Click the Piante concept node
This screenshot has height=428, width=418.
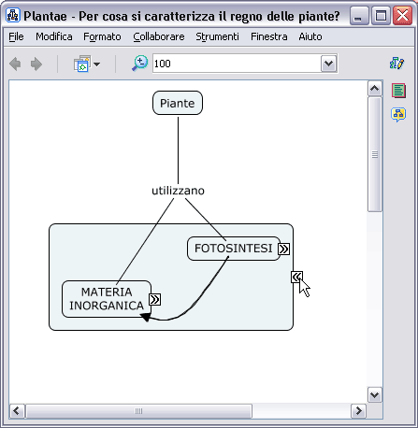click(x=178, y=103)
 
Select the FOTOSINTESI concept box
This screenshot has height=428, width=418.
click(x=234, y=249)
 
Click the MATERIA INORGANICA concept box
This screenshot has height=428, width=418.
click(x=107, y=299)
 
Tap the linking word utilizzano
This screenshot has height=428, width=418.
click(x=178, y=191)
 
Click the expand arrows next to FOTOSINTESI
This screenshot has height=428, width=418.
click(x=283, y=249)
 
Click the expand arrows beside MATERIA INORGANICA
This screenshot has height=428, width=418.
click(x=155, y=299)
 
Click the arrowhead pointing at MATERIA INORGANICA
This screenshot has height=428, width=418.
click(x=146, y=317)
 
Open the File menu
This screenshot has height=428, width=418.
click(x=16, y=36)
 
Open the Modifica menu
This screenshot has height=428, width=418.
click(x=54, y=36)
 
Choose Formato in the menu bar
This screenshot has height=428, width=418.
click(x=102, y=36)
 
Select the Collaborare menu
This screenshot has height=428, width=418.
click(x=159, y=36)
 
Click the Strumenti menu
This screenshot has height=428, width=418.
click(x=217, y=36)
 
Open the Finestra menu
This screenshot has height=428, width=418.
click(x=269, y=36)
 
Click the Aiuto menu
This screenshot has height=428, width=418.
click(x=310, y=36)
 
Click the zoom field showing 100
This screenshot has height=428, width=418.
click(x=237, y=64)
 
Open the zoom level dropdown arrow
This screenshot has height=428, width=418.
click(x=329, y=64)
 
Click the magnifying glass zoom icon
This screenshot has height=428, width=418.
click(x=139, y=64)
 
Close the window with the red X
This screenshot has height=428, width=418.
click(x=402, y=15)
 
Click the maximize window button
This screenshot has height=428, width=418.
click(x=381, y=15)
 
